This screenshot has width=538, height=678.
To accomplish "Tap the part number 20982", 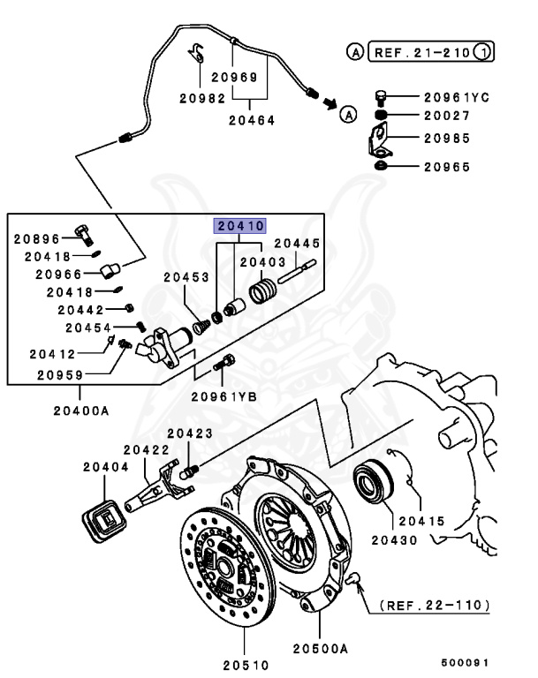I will [x=203, y=98].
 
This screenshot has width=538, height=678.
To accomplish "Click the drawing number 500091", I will [x=466, y=662].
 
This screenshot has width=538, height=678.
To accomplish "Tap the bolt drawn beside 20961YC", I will [x=382, y=96].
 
